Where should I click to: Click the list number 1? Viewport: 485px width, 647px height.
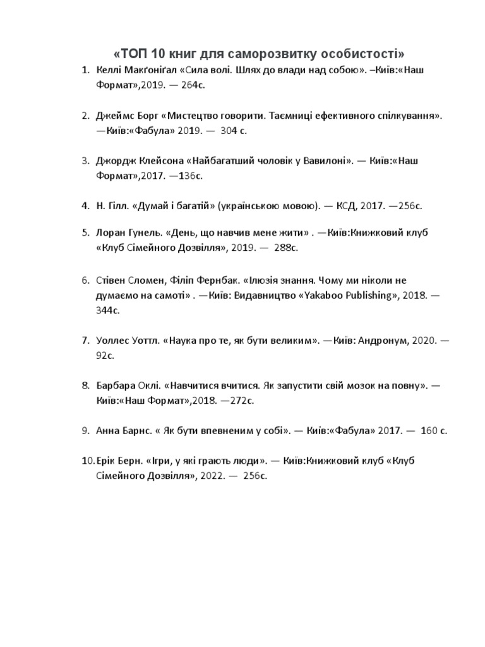(85, 70)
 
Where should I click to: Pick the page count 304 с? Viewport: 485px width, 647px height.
(234, 131)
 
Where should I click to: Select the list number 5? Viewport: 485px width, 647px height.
(85, 233)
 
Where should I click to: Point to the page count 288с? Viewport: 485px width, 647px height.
(285, 248)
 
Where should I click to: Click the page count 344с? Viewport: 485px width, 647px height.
(107, 310)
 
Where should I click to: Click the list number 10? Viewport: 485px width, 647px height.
(87, 461)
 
